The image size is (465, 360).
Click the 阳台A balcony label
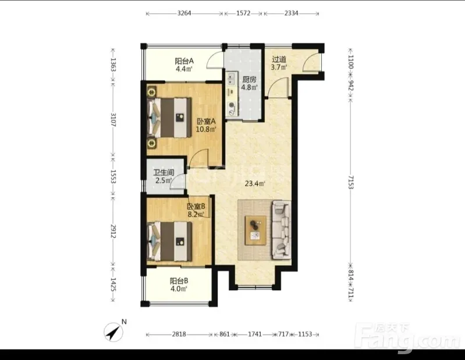[x=184, y=61]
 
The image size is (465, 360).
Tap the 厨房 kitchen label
[x=249, y=80]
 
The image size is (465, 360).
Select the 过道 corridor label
[x=279, y=59]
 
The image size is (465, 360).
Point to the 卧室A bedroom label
[x=206, y=122]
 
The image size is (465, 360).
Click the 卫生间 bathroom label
[x=164, y=173]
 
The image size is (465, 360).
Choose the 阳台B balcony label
[x=179, y=281]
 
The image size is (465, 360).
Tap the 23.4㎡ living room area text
[x=255, y=184]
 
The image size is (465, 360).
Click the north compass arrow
[x=113, y=332]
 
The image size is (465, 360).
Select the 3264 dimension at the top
[x=184, y=13]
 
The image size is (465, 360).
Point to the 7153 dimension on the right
[x=351, y=182]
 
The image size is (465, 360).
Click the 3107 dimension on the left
[x=113, y=119]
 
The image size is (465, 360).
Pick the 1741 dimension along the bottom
[x=255, y=334]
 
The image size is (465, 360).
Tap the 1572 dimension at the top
[x=243, y=13]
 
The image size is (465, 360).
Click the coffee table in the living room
[x=255, y=230]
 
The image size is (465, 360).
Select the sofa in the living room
[x=281, y=229]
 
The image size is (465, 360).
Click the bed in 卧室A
[x=169, y=117]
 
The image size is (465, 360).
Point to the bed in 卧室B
[x=169, y=241]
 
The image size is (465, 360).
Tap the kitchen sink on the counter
[x=231, y=79]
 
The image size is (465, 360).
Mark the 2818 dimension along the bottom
[x=179, y=334]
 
